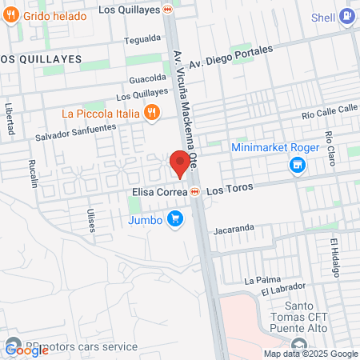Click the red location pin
point(179,164)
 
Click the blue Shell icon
point(346,15)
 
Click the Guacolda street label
point(146,79)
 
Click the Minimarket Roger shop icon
point(298,166)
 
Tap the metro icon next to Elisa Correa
point(195,192)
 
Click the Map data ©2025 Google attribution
point(310,354)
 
